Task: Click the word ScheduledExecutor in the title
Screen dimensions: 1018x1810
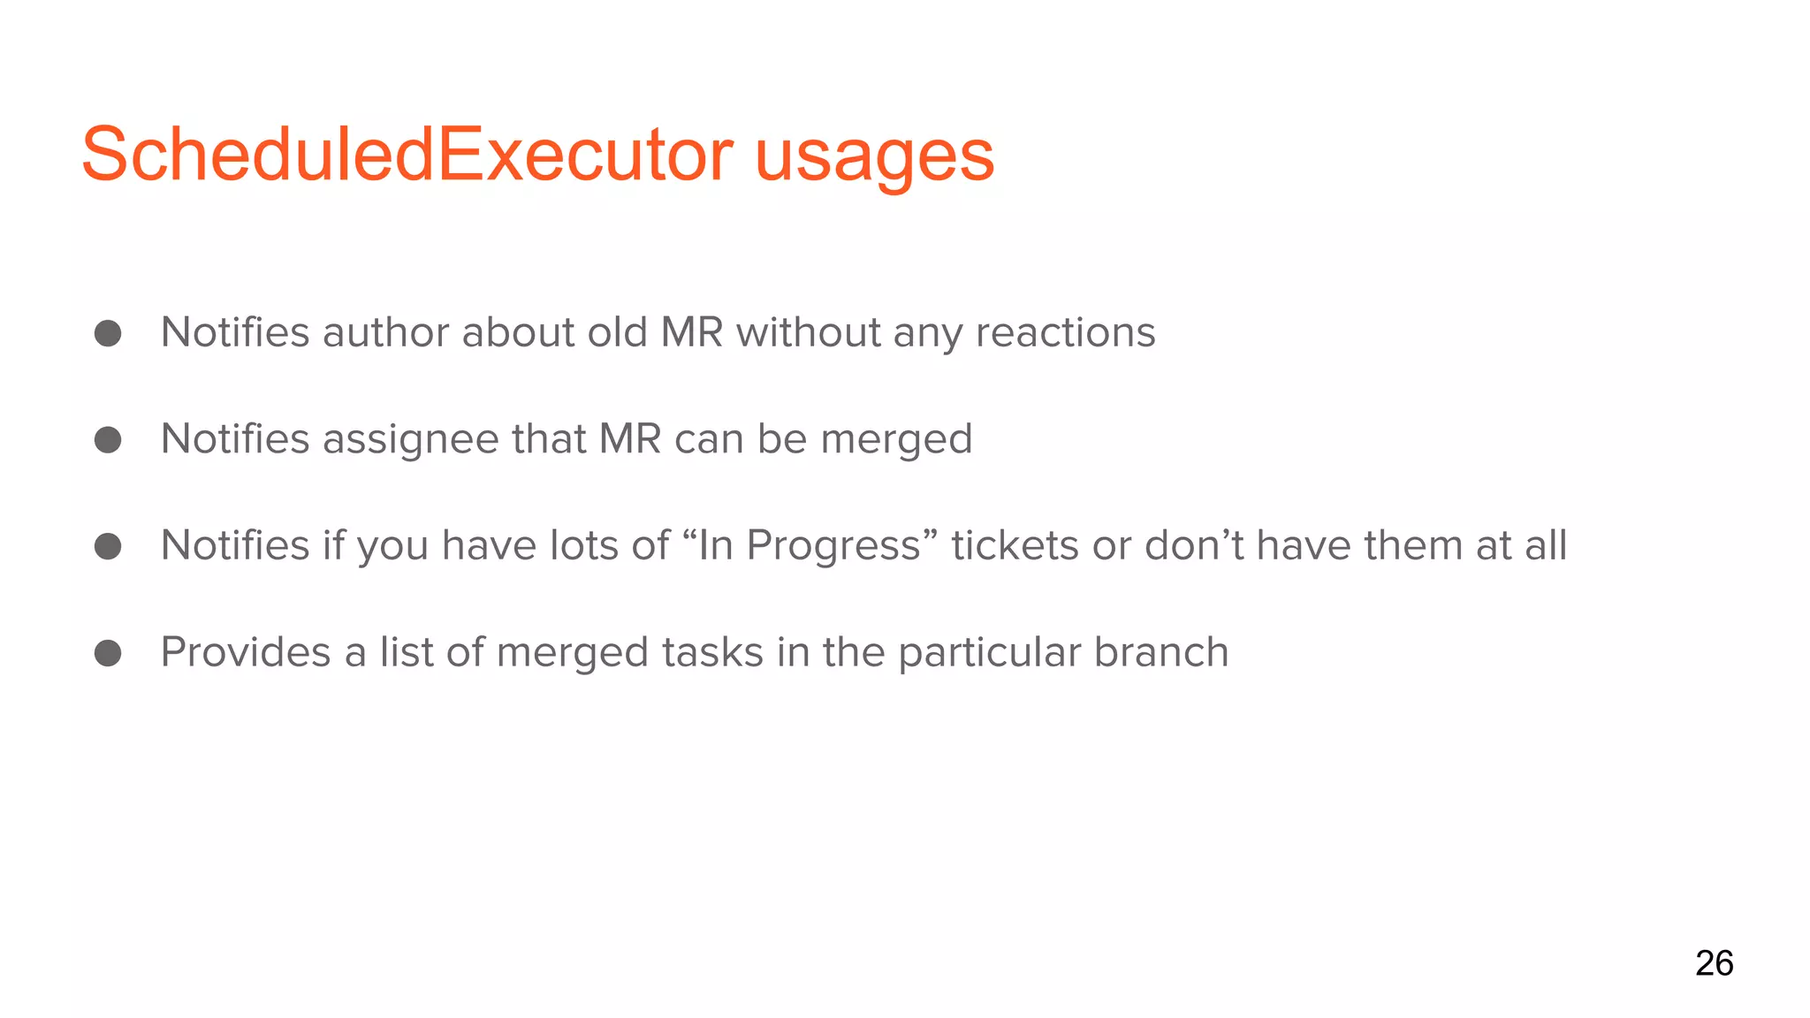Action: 407,156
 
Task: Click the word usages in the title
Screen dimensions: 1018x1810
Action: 874,157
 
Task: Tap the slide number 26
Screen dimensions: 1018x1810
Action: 1714,963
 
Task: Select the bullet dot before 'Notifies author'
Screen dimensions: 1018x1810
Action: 108,333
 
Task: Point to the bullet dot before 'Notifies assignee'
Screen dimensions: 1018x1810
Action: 108,439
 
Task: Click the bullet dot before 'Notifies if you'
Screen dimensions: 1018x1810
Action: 108,546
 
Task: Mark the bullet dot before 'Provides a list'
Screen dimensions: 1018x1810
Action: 108,653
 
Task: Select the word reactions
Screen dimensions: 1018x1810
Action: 1065,333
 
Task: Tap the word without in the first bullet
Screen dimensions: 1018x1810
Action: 808,333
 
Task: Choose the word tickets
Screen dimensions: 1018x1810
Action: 1015,545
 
